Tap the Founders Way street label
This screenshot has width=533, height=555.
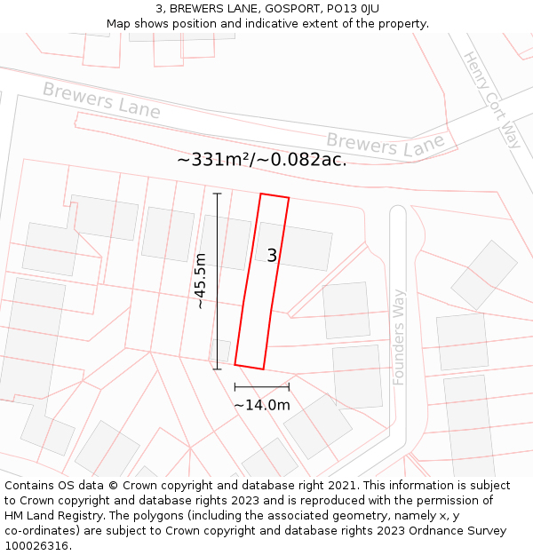pyautogui.click(x=399, y=337)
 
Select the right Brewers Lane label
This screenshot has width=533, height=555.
pyautogui.click(x=385, y=144)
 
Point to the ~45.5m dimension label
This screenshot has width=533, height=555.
pyautogui.click(x=201, y=281)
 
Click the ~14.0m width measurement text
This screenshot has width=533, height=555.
pyautogui.click(x=262, y=405)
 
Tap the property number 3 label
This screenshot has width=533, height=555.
pyautogui.click(x=272, y=256)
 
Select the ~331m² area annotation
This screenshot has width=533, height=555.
pyautogui.click(x=262, y=160)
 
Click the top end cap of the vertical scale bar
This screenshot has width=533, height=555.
pyautogui.click(x=217, y=192)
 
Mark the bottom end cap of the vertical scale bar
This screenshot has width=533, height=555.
pyautogui.click(x=217, y=369)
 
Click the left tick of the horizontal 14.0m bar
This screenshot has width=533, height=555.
pyautogui.click(x=235, y=386)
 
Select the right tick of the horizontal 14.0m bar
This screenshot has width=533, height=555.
pyautogui.click(x=289, y=386)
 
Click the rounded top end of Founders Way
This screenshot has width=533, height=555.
pyautogui.click(x=398, y=212)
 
